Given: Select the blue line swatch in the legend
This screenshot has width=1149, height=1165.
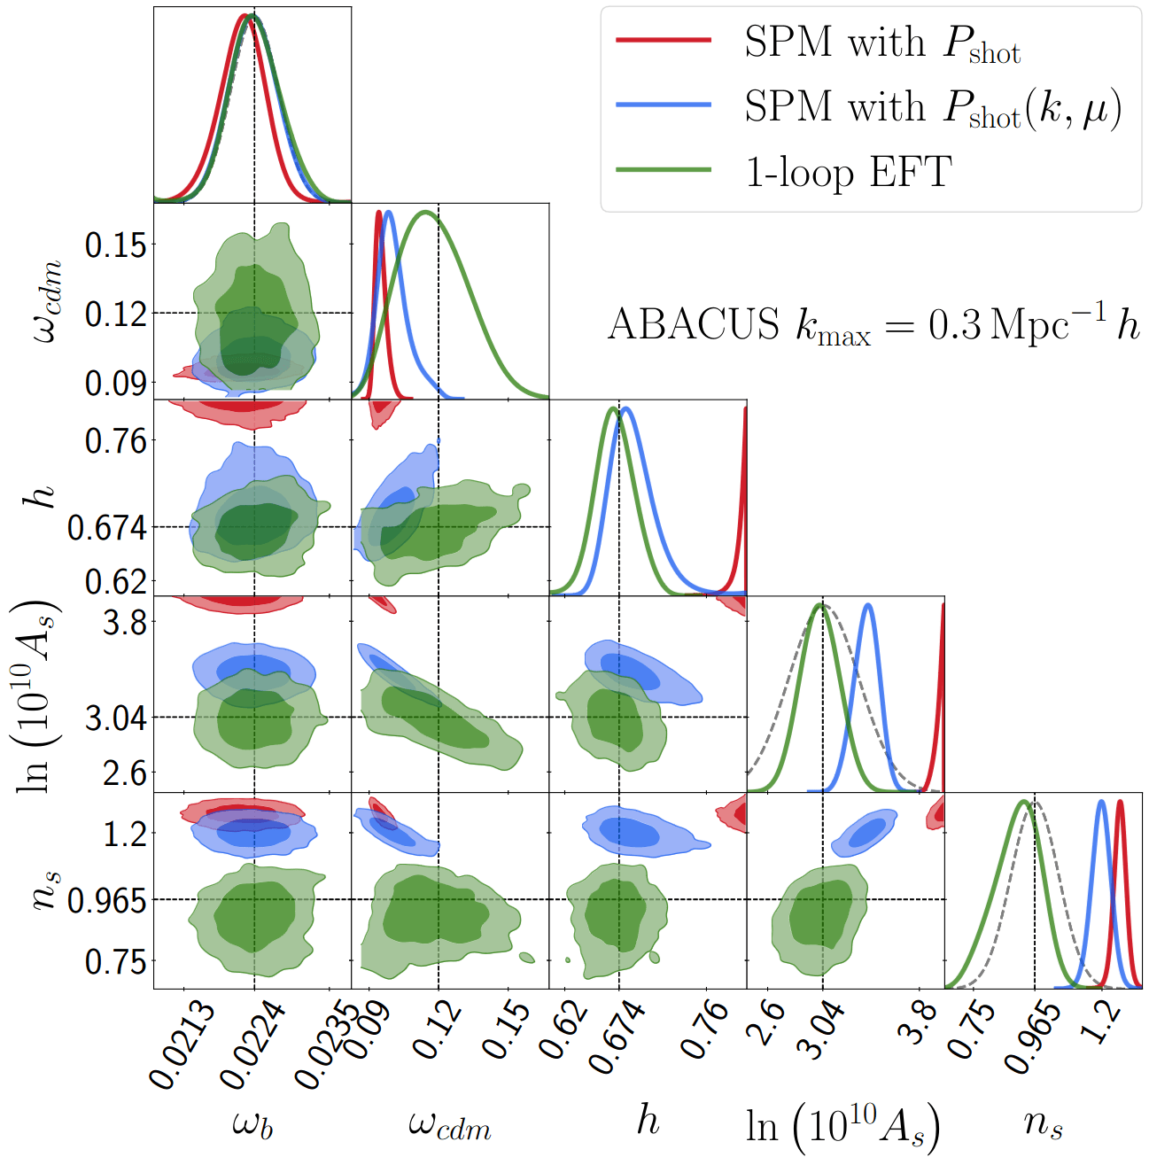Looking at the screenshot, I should point(664,105).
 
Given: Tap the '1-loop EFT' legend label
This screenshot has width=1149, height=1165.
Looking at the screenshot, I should point(848,171).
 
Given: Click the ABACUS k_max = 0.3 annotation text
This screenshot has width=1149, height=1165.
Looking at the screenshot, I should point(873,325).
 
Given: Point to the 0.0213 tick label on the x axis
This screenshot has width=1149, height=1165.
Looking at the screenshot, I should point(181,1045).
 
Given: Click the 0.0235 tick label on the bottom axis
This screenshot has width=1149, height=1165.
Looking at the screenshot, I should point(327,1045).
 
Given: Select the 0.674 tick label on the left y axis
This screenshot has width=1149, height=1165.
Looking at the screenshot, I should point(107,528).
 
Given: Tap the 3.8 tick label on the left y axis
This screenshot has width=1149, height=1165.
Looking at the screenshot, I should point(125,622).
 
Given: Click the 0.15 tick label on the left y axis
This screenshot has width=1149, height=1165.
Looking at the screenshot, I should point(116,245).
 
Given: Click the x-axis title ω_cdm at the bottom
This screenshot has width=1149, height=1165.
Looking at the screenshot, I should point(449,1125).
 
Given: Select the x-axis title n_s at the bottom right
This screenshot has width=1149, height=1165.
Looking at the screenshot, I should point(1043,1123).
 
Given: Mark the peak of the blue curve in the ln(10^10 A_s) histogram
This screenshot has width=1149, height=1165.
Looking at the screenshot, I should point(868,605).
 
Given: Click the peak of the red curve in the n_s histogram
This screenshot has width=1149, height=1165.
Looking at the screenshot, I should point(1120,802).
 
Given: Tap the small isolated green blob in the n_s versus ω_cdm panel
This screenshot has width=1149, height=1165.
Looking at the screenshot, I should point(527,957).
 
